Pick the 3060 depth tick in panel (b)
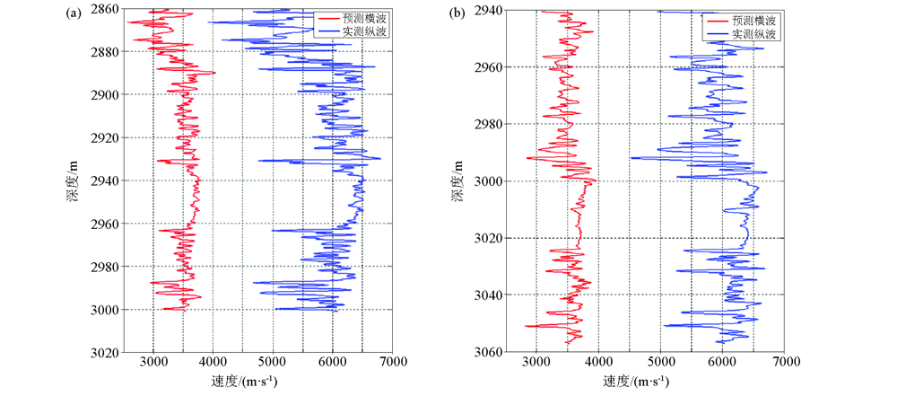click(x=489, y=351)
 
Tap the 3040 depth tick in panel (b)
click(x=489, y=295)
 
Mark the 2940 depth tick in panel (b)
click(x=489, y=10)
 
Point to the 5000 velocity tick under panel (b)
click(x=660, y=364)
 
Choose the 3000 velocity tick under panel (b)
click(x=536, y=364)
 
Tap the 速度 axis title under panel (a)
click(x=243, y=382)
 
